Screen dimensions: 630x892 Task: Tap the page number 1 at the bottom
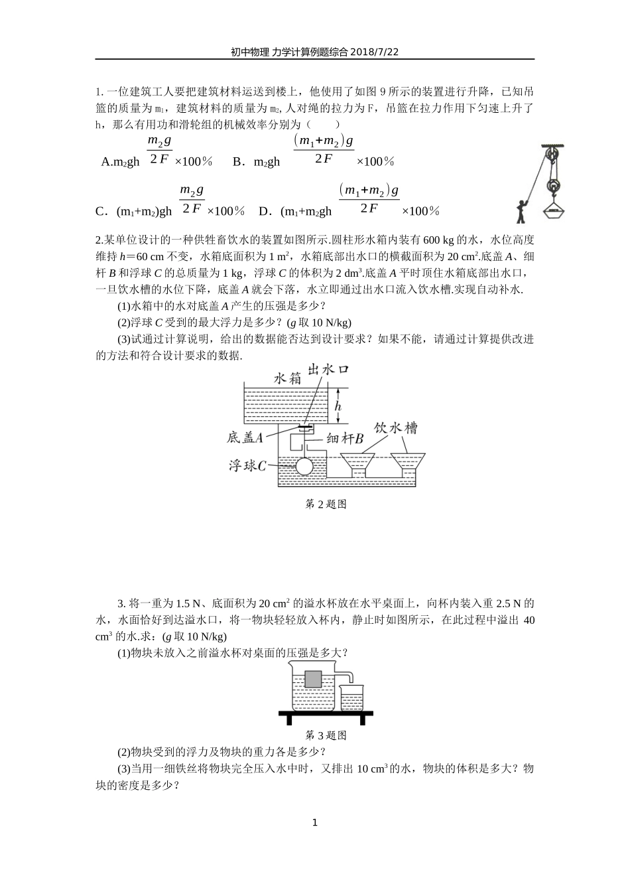pyautogui.click(x=315, y=823)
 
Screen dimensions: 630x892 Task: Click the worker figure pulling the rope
pyautogui.click(x=522, y=211)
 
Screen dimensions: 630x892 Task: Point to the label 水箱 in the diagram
pyautogui.click(x=288, y=378)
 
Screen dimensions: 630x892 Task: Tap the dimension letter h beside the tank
pyautogui.click(x=338, y=406)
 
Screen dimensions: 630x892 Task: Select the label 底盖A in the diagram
pyautogui.click(x=245, y=437)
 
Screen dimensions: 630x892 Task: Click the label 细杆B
pyautogui.click(x=345, y=438)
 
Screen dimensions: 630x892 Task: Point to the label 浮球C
pyautogui.click(x=247, y=466)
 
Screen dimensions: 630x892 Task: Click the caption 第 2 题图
pyautogui.click(x=325, y=504)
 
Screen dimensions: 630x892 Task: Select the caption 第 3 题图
pyautogui.click(x=325, y=735)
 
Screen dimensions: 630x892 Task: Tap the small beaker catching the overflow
pyautogui.click(x=351, y=699)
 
